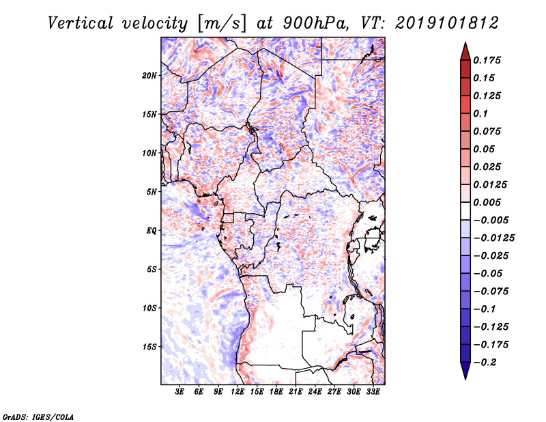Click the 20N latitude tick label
[x=149, y=75]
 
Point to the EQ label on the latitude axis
[x=151, y=230]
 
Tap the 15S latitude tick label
[x=149, y=346]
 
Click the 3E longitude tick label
[x=180, y=392]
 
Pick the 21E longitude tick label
[x=296, y=392]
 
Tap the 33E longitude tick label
[x=373, y=392]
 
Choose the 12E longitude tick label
[x=238, y=392]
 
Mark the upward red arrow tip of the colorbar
[x=464, y=46]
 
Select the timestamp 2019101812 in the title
[x=437, y=23]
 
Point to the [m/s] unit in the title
[x=221, y=23]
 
